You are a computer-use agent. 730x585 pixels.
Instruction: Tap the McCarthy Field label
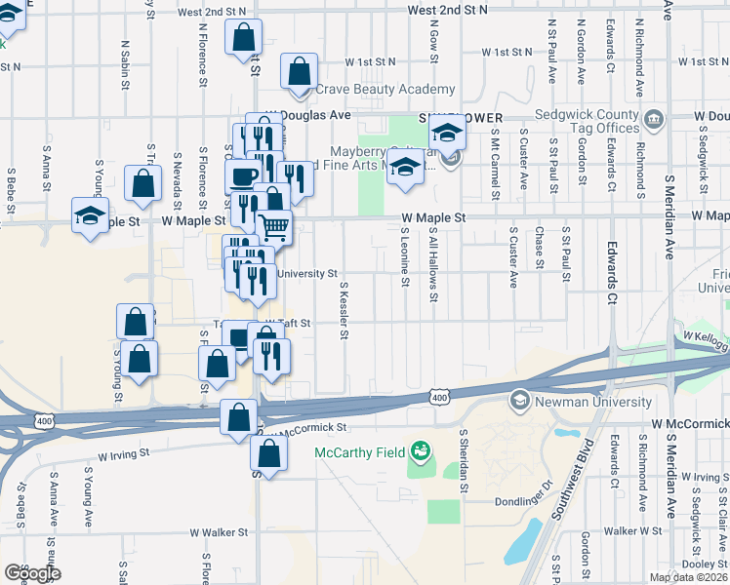pos(359,451)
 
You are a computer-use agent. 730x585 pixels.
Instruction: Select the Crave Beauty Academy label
pos(385,90)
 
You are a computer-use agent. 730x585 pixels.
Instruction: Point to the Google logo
pos(32,573)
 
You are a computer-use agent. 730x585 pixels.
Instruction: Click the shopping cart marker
pos(274,227)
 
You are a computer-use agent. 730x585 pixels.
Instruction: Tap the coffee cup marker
pos(243,176)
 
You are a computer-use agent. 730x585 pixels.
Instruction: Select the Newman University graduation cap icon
pos(519,401)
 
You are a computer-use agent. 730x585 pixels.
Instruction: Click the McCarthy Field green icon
pos(421,450)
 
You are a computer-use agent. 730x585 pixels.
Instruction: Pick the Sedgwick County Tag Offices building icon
pos(653,121)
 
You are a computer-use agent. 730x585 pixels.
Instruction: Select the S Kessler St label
pos(345,312)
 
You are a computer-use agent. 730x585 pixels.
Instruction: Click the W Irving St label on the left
pos(123,453)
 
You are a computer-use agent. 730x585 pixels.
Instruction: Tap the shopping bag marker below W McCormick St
pos(268,453)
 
